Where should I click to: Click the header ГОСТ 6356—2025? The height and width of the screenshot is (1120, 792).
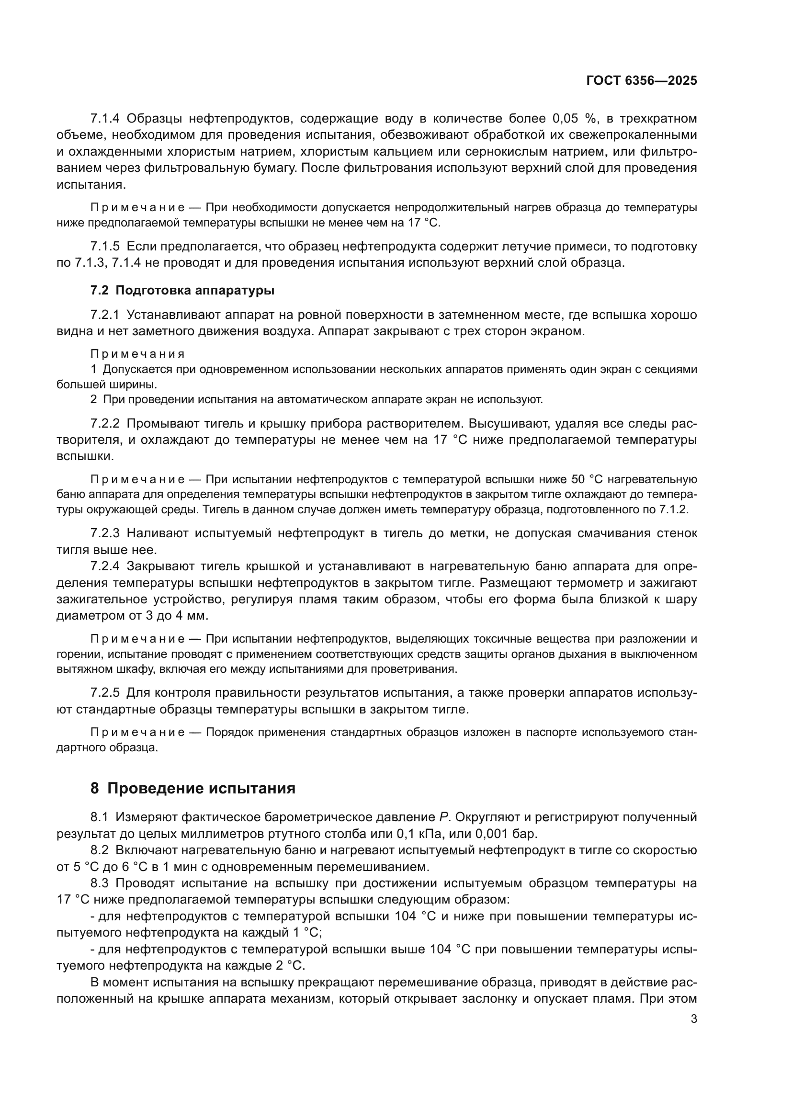[x=641, y=81]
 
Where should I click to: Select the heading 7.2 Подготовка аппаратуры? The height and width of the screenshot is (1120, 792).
[x=182, y=291]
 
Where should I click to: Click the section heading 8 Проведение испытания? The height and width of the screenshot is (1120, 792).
[x=193, y=788]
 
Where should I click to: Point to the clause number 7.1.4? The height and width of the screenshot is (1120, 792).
[x=105, y=119]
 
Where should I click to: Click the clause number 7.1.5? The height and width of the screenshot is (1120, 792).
[x=105, y=246]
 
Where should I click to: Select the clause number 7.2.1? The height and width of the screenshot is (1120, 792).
[x=105, y=315]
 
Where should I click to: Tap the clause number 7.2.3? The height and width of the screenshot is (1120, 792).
[x=105, y=533]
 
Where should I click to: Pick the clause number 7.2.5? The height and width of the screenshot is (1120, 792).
[x=105, y=693]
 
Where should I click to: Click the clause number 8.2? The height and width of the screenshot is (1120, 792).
[x=100, y=850]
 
